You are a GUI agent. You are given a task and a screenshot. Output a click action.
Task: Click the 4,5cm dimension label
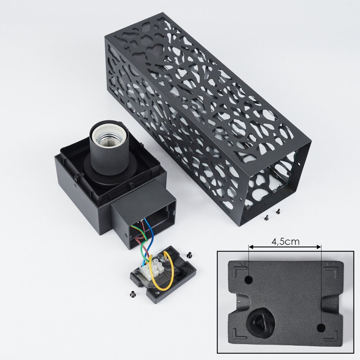tap(285, 241)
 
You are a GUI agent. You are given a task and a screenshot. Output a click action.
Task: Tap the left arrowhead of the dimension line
tap(251, 247)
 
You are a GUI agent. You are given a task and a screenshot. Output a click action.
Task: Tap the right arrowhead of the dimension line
tap(319, 247)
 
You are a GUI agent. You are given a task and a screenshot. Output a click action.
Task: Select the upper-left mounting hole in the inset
tap(249, 280)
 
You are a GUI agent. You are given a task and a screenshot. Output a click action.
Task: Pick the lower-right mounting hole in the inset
tap(321, 328)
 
